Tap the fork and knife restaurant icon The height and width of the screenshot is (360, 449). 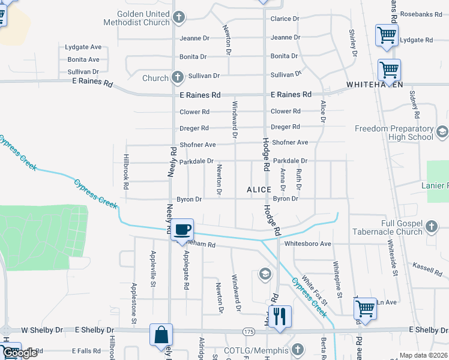pyautogui.click(x=279, y=316)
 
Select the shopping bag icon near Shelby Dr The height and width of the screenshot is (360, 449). pyautogui.click(x=161, y=335)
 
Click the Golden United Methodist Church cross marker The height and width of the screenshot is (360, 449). pyautogui.click(x=178, y=18)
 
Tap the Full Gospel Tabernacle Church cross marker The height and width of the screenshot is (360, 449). pyautogui.click(x=430, y=226)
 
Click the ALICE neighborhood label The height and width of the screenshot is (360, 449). pyautogui.click(x=259, y=190)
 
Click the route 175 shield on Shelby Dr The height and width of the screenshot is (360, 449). pyautogui.click(x=249, y=331)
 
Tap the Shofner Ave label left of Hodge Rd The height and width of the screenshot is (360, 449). pyautogui.click(x=197, y=145)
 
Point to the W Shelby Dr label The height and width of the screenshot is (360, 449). pyautogui.click(x=42, y=330)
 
